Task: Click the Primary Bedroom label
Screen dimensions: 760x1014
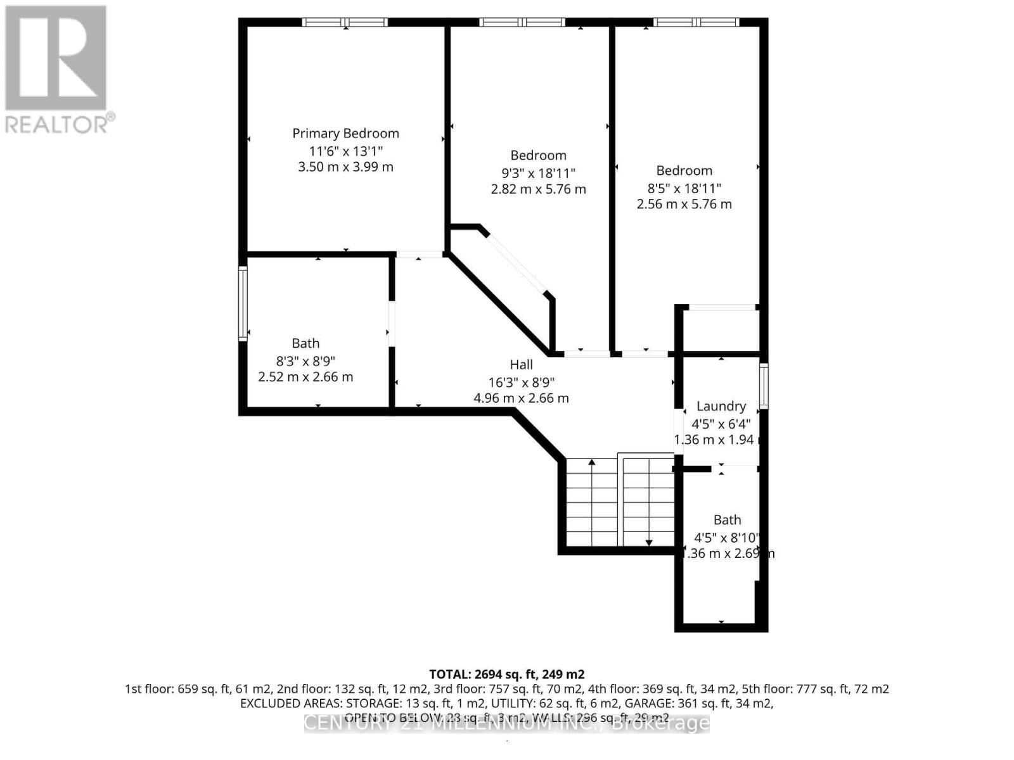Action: click(345, 134)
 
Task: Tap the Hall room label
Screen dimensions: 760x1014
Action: click(521, 365)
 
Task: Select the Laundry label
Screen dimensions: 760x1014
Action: click(721, 407)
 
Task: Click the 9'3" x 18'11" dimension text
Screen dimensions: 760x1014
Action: click(538, 173)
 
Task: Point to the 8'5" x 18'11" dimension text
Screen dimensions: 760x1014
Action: click(684, 188)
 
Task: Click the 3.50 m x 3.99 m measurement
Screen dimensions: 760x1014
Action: click(345, 167)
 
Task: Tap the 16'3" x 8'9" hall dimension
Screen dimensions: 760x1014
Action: click(521, 383)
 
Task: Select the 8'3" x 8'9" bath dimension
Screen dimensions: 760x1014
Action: click(305, 361)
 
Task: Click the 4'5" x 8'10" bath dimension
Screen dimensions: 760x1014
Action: click(726, 538)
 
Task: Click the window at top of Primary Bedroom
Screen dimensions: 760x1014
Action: click(345, 22)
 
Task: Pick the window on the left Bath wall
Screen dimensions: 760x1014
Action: click(243, 304)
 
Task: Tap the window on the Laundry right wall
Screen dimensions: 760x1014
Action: click(764, 386)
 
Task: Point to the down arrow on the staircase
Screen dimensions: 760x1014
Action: click(649, 541)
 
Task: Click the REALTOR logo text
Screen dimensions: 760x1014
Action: click(60, 123)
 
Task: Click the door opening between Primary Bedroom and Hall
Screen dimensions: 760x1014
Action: click(419, 255)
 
